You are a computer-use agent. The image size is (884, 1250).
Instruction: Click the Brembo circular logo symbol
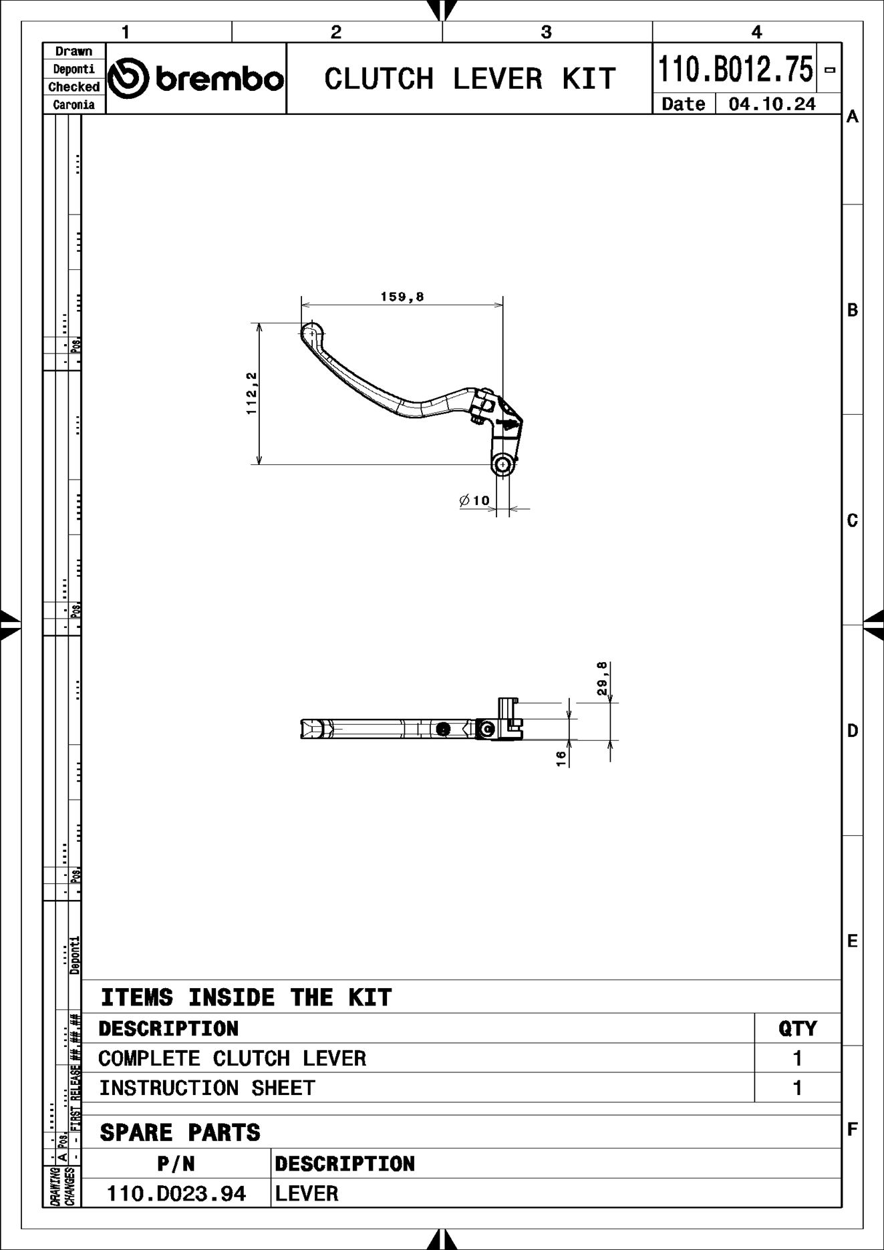pos(128,78)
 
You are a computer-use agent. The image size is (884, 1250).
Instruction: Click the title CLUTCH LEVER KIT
pos(469,79)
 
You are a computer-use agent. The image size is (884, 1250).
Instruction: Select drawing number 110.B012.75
pos(736,69)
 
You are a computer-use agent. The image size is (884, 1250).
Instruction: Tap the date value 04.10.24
pos(772,104)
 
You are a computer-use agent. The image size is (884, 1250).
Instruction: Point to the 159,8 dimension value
pos(402,297)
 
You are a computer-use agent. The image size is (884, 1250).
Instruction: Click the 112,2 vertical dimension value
pos(251,394)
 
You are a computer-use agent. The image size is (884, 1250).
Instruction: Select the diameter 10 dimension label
pos(475,500)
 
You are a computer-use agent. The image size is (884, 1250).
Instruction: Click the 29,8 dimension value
pos(602,679)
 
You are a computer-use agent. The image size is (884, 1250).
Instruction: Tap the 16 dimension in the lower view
pos(561,758)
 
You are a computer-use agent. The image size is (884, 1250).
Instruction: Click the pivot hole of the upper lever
pos(503,464)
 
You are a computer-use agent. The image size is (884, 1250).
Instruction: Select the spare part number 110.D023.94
pos(176,1193)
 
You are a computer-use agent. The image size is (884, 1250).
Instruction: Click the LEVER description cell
pos(307,1193)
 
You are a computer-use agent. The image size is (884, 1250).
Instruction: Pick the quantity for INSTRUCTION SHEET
pos(796,1088)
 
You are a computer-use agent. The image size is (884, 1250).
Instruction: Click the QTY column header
pos(797,1028)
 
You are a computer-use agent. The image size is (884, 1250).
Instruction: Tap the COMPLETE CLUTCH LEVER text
pos(232,1058)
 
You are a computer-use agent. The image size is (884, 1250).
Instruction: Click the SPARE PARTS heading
pos(180,1132)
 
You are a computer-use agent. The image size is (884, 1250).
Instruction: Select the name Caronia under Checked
pos(73,105)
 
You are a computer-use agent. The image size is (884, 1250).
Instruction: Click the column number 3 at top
pos(546,32)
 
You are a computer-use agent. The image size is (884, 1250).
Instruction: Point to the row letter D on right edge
pos(852,731)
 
